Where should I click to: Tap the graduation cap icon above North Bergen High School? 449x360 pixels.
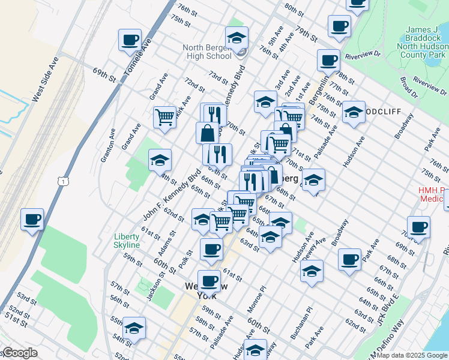click(x=237, y=38)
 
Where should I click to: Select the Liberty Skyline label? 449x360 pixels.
click(x=127, y=241)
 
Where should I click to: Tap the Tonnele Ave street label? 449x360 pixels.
click(x=136, y=56)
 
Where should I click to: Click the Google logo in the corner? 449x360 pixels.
click(x=19, y=353)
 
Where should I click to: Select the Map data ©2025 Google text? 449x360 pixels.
click(x=412, y=355)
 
